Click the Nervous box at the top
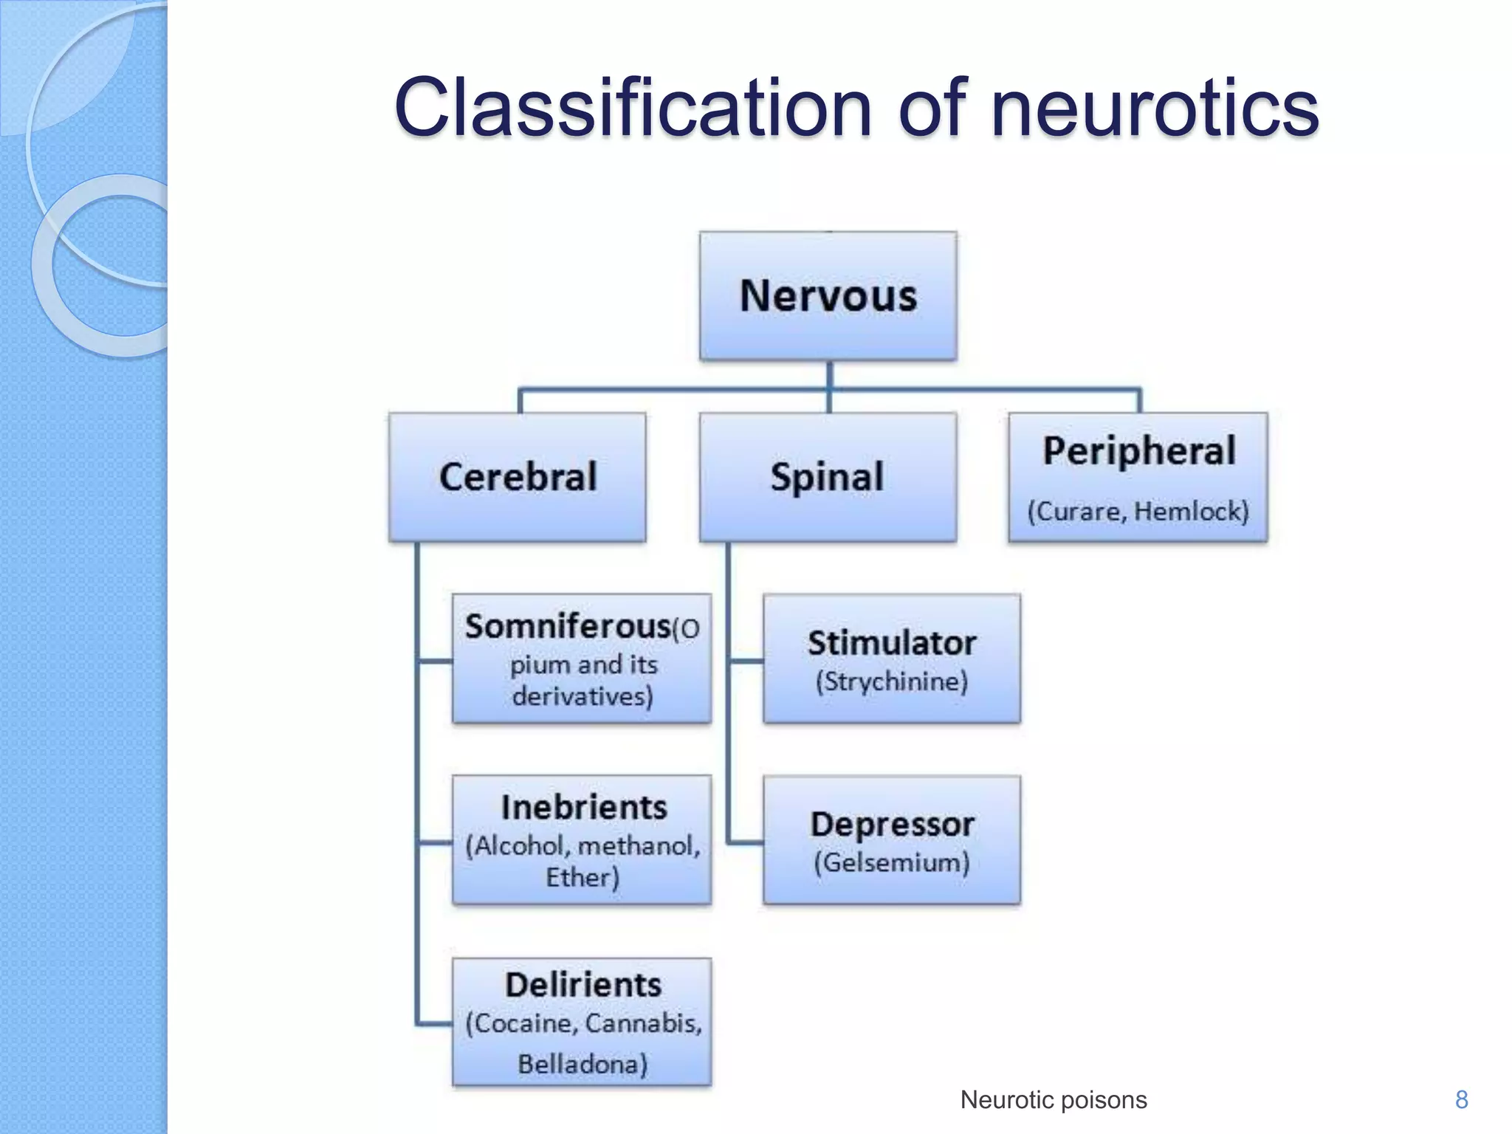[828, 296]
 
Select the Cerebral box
[518, 477]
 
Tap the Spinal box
[828, 477]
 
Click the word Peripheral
[1138, 450]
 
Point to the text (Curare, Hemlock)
[1138, 511]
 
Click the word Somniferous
[567, 627]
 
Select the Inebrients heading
[583, 808]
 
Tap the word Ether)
[582, 878]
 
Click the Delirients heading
[583, 985]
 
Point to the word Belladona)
[583, 1064]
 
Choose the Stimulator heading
[892, 643]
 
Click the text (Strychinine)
[892, 681]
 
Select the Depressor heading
[892, 825]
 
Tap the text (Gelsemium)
[892, 862]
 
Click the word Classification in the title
[633, 109]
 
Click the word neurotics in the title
[1154, 109]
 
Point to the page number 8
[1461, 1100]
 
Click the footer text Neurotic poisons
[1054, 1100]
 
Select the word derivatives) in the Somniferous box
[583, 696]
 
